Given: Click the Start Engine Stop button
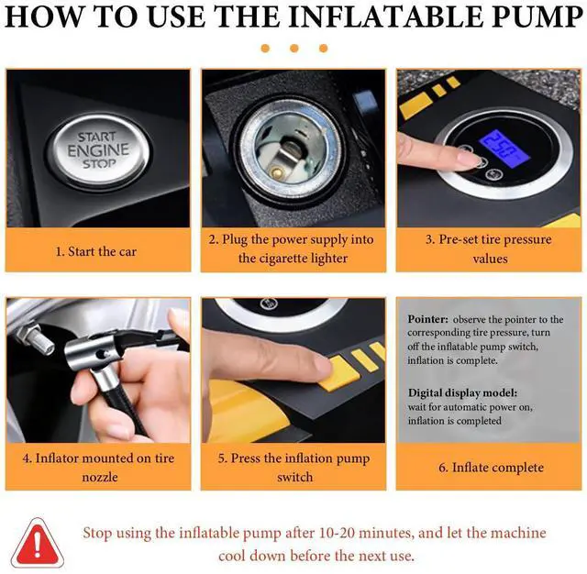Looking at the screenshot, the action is click(99, 150).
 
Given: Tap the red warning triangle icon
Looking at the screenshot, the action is click(37, 543).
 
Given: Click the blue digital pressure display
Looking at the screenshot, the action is click(504, 149).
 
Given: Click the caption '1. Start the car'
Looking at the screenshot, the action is click(95, 251).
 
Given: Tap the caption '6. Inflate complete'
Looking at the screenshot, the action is click(492, 468).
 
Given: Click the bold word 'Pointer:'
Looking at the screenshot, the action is click(427, 319).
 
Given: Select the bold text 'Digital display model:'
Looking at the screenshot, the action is click(462, 392).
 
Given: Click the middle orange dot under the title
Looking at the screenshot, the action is click(294, 49).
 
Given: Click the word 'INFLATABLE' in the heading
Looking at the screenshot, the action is click(387, 17).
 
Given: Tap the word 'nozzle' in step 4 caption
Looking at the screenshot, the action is click(100, 478).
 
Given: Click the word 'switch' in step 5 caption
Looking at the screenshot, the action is click(295, 477).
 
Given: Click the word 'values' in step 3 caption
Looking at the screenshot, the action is click(490, 259).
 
